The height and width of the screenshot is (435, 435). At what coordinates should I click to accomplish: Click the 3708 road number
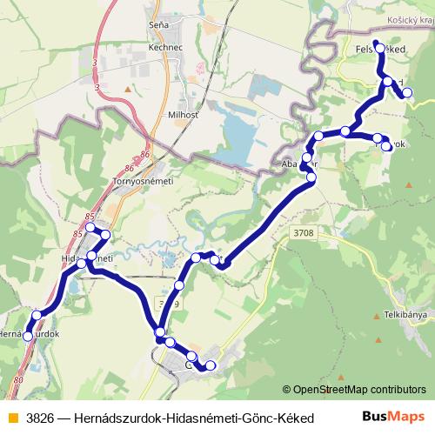304,233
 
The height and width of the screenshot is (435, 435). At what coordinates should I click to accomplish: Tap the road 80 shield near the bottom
19,380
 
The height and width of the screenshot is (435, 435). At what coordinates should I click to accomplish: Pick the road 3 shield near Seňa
94,64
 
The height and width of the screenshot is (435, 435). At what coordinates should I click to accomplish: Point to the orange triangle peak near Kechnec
128,88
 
